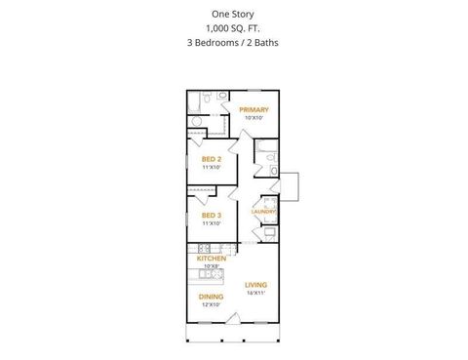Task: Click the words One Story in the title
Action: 233,15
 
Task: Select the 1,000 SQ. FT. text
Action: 233,29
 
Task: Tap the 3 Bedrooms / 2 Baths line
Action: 233,44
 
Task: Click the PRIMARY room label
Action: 253,110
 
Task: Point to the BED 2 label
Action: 212,159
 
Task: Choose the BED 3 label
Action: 212,215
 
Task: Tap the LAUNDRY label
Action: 264,212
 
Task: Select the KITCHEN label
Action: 212,259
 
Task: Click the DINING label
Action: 212,297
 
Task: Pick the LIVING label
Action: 255,285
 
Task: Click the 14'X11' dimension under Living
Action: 255,293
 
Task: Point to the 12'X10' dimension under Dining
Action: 212,304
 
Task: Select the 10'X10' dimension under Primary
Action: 253,118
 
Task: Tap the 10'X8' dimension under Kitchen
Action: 212,265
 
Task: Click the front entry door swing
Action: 233,316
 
